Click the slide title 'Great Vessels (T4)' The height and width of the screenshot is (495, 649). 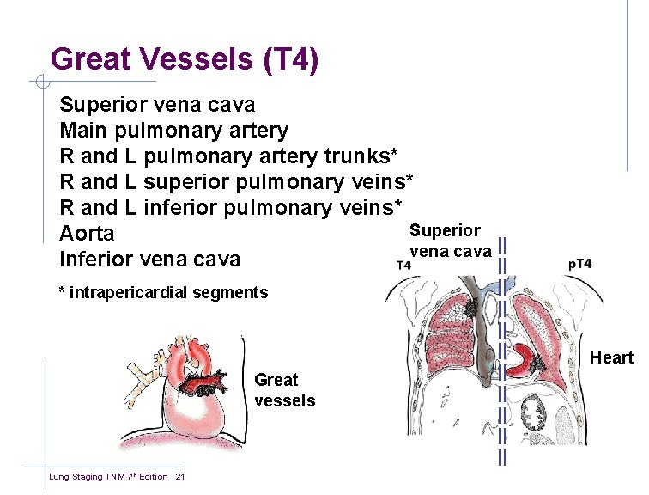coord(185,58)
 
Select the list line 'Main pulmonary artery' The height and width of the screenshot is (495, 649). coord(174,131)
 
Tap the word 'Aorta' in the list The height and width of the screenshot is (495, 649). coord(87,234)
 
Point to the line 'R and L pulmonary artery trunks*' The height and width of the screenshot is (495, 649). coord(228,156)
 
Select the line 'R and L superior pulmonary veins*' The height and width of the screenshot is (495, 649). coord(236,182)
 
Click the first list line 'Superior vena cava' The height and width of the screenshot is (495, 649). coord(157,105)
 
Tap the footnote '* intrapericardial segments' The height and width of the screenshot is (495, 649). coord(163,292)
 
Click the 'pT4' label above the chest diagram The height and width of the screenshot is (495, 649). coord(580,264)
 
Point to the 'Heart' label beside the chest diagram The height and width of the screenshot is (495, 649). coord(611,357)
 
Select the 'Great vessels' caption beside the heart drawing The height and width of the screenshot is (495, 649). coord(284,390)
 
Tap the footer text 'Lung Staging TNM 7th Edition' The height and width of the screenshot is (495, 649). coord(108,477)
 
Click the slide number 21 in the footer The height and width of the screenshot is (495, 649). coord(180,477)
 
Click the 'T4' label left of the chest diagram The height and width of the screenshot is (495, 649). coord(402,265)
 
